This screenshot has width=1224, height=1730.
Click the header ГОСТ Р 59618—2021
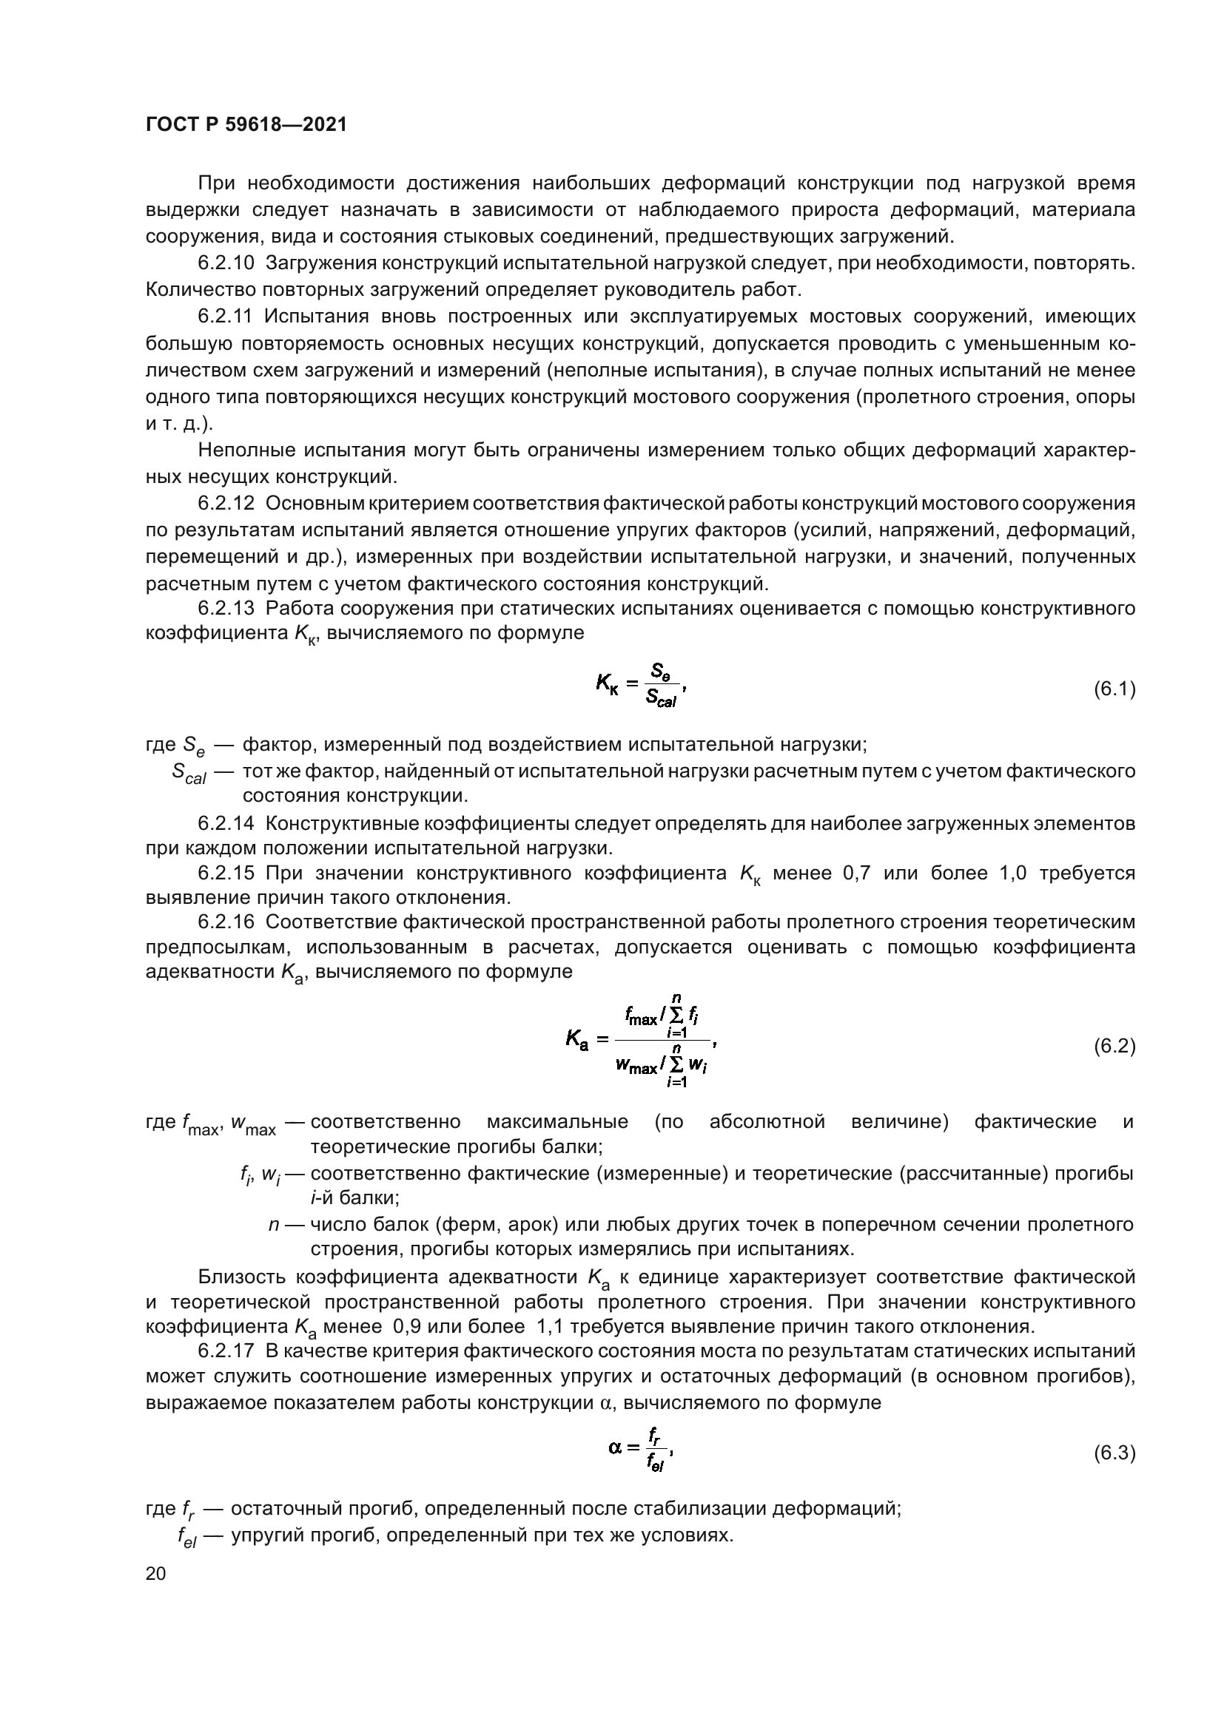246,125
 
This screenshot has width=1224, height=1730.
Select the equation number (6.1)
1114,689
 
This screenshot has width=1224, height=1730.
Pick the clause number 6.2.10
228,263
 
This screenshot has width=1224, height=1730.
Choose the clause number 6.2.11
228,317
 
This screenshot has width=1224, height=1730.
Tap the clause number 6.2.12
228,502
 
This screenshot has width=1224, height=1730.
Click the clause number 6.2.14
228,823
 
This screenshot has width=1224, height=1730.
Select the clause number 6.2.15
228,874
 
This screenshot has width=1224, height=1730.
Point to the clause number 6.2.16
228,922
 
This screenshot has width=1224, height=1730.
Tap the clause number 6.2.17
228,1351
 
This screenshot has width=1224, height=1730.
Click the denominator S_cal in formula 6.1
661,700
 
